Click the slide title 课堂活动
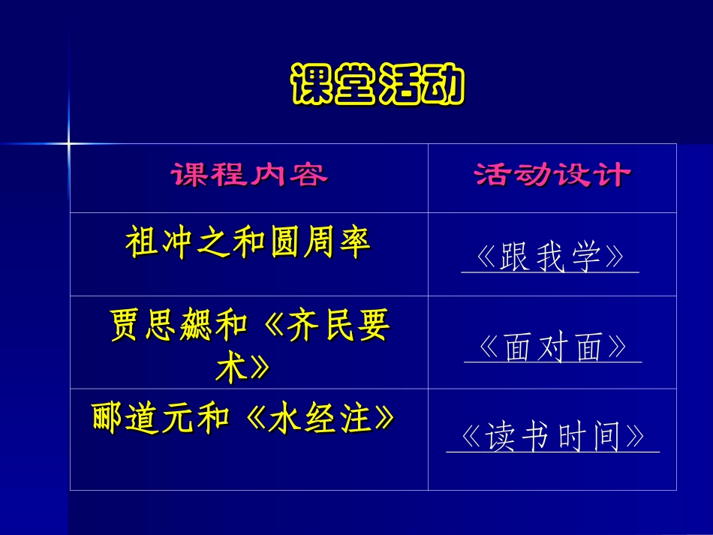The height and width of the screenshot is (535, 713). point(378,86)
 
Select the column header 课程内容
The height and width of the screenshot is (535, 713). point(249,176)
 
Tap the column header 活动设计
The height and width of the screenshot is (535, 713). point(552,176)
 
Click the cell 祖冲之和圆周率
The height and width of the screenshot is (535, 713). point(248,244)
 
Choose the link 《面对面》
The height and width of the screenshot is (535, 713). point(552,348)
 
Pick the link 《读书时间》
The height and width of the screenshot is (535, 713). point(552,437)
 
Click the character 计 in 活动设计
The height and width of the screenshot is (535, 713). point(612,176)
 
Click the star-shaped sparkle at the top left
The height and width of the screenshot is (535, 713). point(68,142)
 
